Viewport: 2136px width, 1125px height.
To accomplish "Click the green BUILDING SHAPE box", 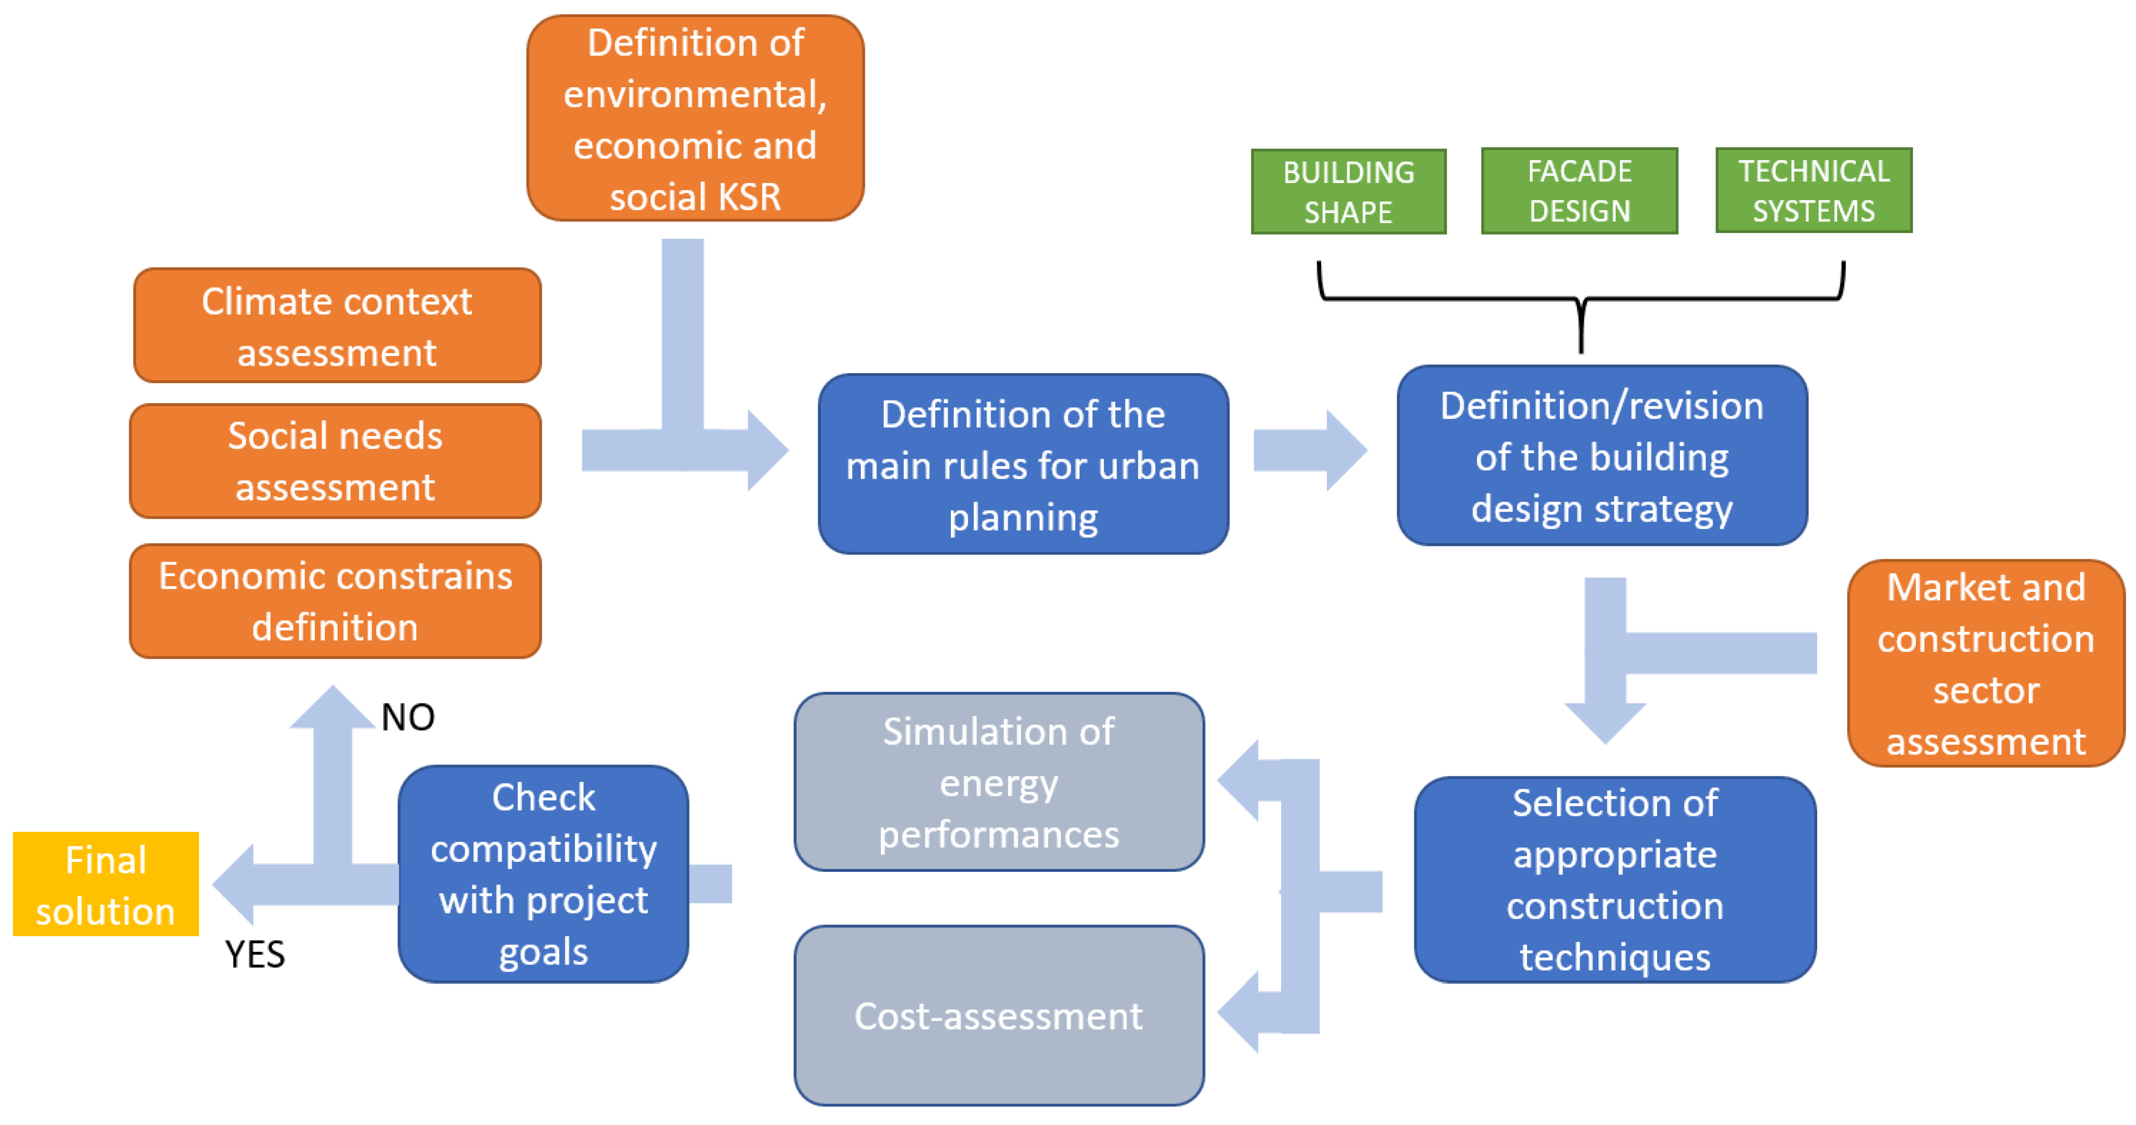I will click(x=1348, y=192).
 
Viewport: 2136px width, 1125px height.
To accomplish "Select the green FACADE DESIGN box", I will click(x=1579, y=191).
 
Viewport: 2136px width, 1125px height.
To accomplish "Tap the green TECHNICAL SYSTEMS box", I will click(x=1813, y=191).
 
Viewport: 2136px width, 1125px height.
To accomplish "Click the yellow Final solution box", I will click(x=106, y=884).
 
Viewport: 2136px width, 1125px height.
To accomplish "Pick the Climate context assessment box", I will click(x=337, y=325).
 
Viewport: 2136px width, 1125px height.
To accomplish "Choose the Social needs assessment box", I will click(x=335, y=461).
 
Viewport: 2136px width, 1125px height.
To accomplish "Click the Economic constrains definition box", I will click(x=335, y=601).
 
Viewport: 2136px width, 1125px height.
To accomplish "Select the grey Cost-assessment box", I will click(x=998, y=1015).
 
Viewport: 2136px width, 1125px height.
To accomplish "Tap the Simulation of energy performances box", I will click(x=998, y=782).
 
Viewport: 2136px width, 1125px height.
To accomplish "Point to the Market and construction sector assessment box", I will click(x=1985, y=663).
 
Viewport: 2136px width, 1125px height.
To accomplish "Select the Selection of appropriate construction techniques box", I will click(x=1615, y=879).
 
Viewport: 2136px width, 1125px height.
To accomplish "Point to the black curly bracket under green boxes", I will click(x=1580, y=300).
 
